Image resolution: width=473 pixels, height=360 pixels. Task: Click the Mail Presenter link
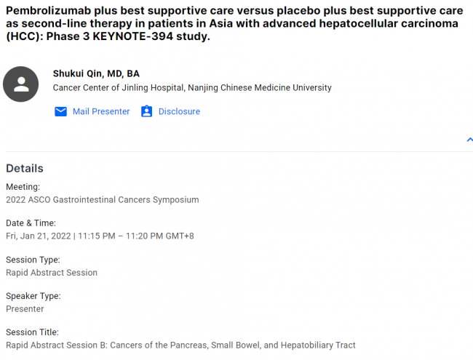tap(101, 111)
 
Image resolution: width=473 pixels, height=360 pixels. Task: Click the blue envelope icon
tap(60, 111)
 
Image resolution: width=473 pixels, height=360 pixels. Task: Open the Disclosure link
tap(179, 111)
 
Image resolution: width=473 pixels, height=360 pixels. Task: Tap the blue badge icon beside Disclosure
tap(146, 111)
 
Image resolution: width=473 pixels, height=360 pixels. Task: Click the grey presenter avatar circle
tap(21, 84)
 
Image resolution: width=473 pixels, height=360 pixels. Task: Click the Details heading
tap(25, 168)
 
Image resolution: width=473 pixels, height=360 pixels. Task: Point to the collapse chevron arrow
tap(469, 140)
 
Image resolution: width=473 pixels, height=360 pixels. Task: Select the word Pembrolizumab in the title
tap(48, 11)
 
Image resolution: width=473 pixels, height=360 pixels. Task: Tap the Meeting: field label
tap(23, 187)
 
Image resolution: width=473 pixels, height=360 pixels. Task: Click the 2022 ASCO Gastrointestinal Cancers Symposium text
tap(103, 199)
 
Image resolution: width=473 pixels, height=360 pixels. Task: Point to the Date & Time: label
tap(31, 223)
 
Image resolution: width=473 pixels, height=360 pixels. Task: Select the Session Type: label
tap(33, 260)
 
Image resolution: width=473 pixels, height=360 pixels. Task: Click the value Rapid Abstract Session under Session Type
tap(52, 273)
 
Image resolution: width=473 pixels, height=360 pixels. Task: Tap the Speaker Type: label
tap(33, 296)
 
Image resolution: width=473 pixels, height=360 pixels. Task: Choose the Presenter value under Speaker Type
tap(25, 309)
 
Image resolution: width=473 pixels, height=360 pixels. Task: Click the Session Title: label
tap(32, 332)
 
